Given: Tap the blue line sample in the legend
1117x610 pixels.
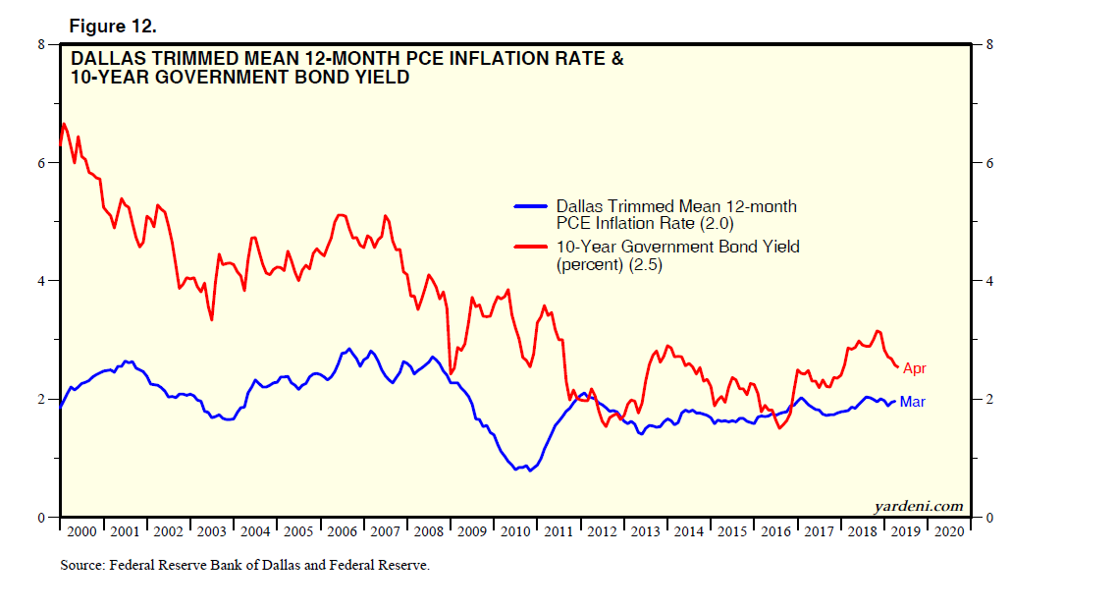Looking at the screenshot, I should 531,206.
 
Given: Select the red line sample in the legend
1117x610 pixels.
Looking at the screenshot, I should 531,247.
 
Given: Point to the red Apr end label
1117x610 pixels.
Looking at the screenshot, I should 915,368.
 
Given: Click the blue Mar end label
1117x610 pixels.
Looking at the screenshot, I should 912,402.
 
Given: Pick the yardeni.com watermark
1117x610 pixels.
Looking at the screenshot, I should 919,507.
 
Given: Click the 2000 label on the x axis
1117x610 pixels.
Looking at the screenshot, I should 81,531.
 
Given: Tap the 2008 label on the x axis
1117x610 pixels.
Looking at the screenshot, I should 429,531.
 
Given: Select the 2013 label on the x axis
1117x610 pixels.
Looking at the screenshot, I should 646,531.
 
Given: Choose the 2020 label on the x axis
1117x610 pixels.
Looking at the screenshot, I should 949,531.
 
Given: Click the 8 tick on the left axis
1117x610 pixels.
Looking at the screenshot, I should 41,44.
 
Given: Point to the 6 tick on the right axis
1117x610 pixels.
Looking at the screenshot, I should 989,163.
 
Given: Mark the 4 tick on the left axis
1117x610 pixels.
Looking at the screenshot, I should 41,281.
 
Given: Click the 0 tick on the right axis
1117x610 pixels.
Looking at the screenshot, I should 989,518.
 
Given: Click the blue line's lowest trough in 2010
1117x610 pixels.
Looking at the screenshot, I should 530,471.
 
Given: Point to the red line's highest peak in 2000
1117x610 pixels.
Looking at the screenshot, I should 64,124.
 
